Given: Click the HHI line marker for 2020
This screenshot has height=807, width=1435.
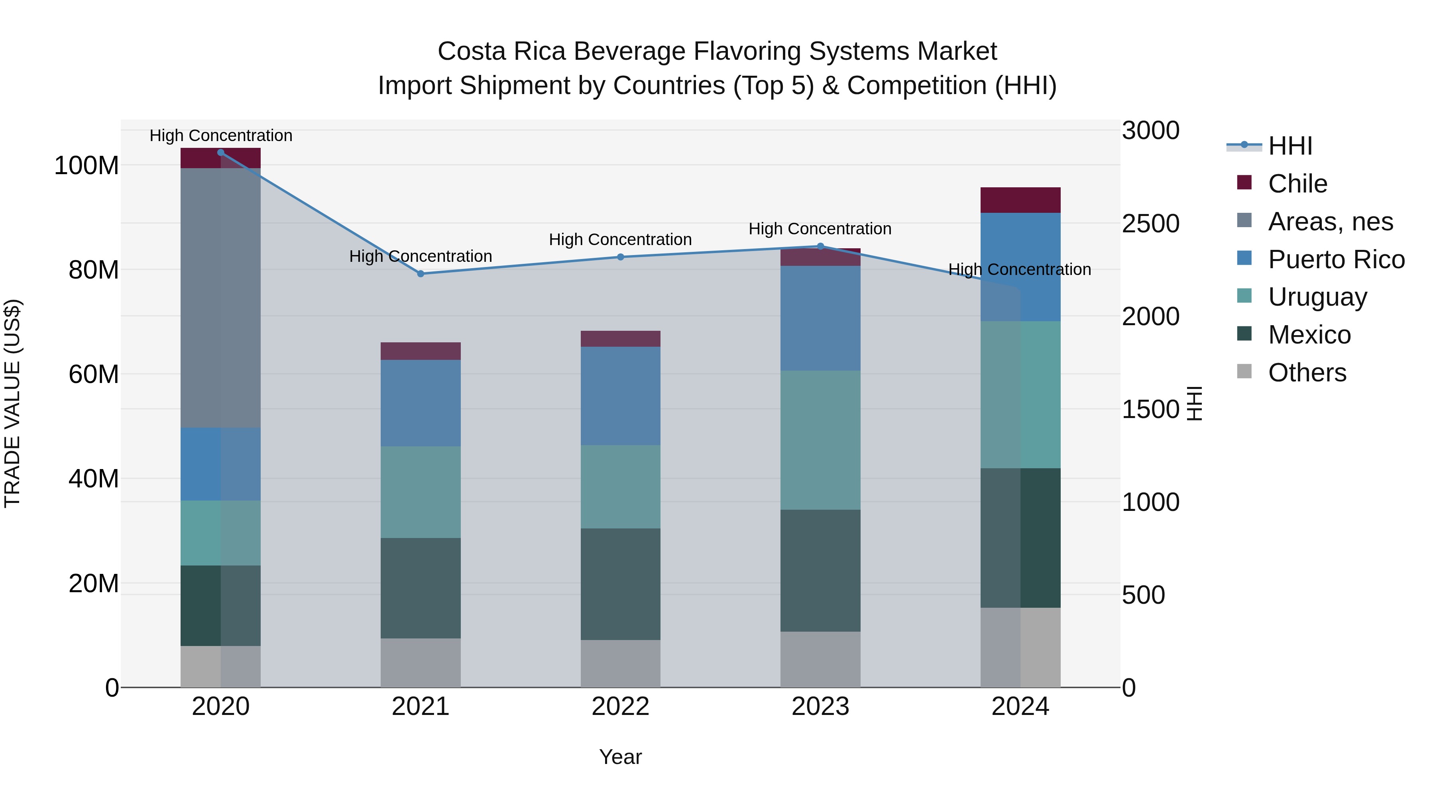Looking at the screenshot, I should coord(220,153).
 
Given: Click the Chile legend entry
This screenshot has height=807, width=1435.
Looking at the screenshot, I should coord(1297,184).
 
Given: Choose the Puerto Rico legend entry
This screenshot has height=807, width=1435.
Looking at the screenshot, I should coord(1336,259).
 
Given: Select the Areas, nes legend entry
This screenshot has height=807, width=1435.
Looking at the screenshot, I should coord(1330,222).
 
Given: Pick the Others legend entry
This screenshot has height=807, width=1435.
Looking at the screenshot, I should coord(1307,373).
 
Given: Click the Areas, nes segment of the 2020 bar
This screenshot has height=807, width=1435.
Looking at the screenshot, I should coord(220,298).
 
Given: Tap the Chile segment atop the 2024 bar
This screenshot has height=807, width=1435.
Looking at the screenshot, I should coord(1020,200).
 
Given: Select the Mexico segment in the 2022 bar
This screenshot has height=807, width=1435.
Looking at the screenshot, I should coord(621,584).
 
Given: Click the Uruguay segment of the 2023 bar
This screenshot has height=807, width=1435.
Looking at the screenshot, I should coord(820,440).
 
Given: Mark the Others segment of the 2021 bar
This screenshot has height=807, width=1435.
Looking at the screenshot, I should coord(421,663).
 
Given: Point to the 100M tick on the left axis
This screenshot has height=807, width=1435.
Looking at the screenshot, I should coord(86,166).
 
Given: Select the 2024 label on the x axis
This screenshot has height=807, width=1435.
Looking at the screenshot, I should coord(1020,707).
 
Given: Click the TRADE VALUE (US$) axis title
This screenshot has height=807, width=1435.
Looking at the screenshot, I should coord(12,403).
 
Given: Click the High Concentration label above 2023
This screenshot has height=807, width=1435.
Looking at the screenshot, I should coord(820,229).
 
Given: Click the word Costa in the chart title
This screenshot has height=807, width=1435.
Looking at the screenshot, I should coord(471,51).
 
